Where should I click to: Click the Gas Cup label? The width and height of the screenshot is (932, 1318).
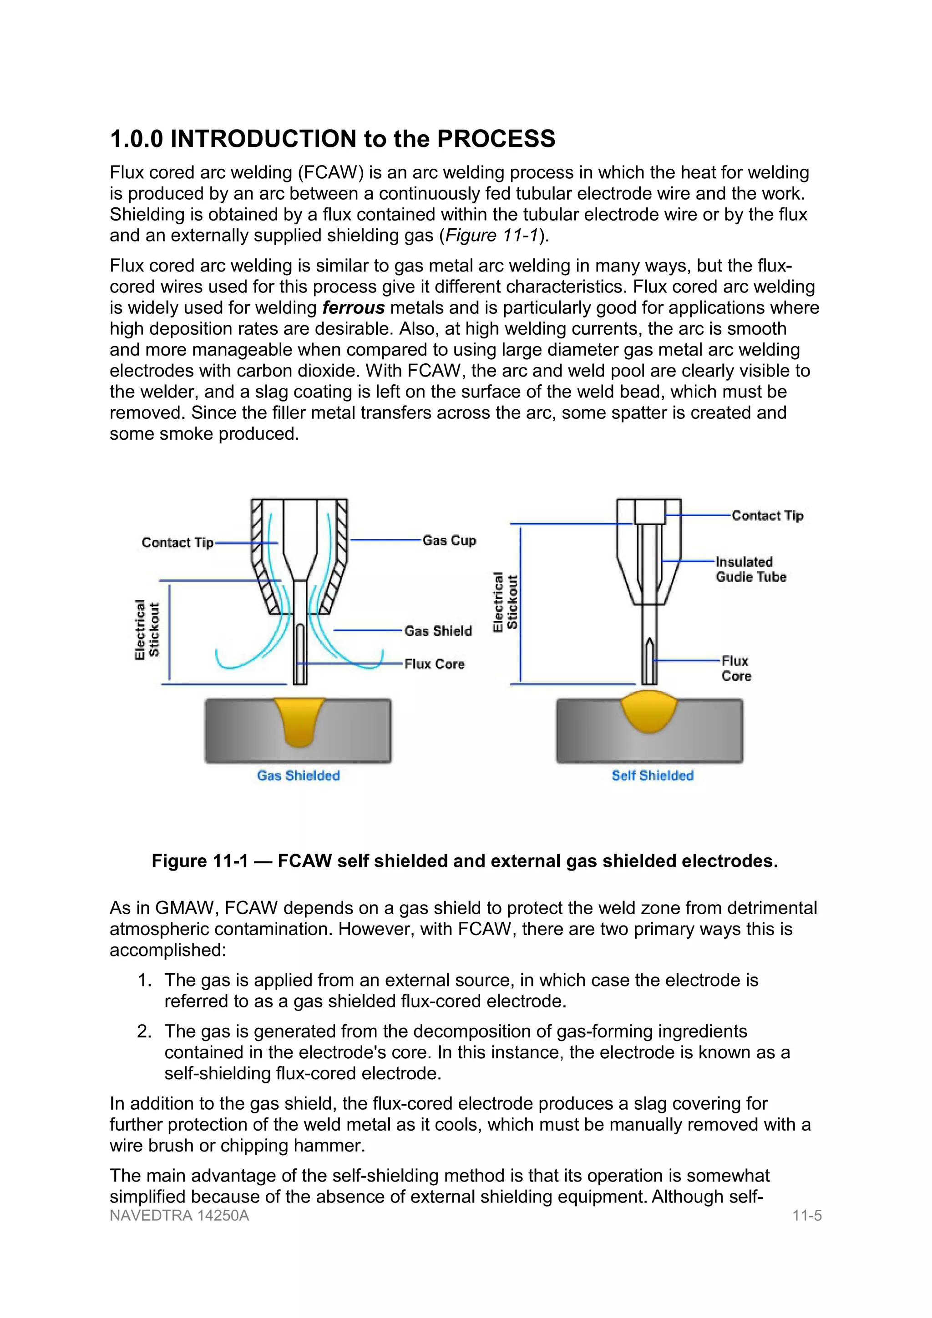click(x=449, y=541)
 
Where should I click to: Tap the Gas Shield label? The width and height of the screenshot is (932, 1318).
click(x=438, y=631)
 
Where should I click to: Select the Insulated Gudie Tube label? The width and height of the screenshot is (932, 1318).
click(x=750, y=569)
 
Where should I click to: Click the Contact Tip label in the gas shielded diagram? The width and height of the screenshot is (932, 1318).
click(x=177, y=543)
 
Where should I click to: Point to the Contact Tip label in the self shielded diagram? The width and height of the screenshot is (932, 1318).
click(x=767, y=515)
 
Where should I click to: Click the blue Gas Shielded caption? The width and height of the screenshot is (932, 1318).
click(x=298, y=775)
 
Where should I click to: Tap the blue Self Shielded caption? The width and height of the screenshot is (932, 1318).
click(x=652, y=775)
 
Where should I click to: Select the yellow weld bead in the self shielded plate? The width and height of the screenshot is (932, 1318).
click(x=649, y=712)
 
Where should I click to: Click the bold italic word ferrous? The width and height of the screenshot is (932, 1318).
click(x=353, y=308)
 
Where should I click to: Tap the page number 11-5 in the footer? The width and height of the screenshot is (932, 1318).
click(x=807, y=1215)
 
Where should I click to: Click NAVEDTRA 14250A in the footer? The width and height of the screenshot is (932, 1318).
click(x=179, y=1215)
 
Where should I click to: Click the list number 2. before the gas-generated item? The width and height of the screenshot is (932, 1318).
click(x=144, y=1031)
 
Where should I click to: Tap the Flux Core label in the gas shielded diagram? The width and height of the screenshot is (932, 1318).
click(x=434, y=664)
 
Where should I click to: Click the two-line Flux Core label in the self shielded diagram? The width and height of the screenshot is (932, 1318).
click(x=736, y=669)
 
